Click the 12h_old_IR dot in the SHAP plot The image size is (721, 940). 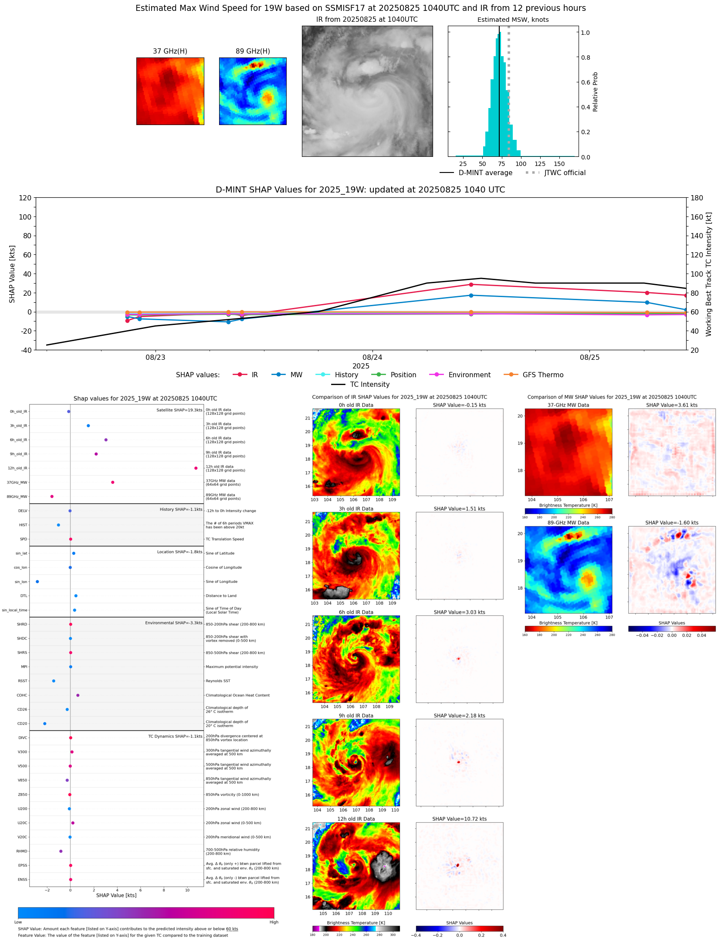tap(196, 468)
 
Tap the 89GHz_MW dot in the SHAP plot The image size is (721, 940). tap(52, 496)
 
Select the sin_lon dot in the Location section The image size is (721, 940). tap(37, 582)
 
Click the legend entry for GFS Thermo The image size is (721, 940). tap(542, 375)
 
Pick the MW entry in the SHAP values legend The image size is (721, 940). tap(296, 375)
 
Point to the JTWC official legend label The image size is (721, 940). tap(565, 172)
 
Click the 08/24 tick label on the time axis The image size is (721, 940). tap(372, 357)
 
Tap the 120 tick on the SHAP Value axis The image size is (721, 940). tap(25, 198)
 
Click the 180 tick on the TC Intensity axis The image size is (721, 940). tap(697, 198)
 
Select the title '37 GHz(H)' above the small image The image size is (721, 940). tap(170, 51)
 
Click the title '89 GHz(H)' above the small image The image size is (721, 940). tap(253, 51)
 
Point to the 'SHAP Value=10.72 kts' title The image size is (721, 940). tap(459, 819)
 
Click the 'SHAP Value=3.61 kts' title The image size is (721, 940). tap(671, 405)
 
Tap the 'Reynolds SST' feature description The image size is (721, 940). tap(218, 681)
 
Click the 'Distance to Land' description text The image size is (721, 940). tap(221, 596)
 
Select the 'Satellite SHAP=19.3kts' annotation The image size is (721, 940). tap(179, 410)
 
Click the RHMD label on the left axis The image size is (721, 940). tap(22, 851)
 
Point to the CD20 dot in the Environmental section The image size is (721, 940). tap(44, 724)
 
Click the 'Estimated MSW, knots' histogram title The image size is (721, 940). tap(513, 20)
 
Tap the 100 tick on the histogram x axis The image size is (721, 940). tap(521, 164)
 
